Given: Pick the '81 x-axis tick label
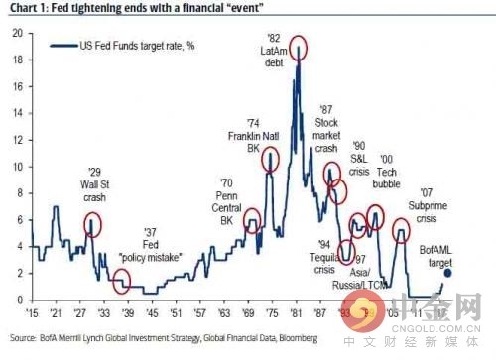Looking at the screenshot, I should tap(296, 311).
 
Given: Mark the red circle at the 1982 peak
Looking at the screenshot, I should tap(298, 47).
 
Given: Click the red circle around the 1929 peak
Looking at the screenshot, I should tap(93, 224).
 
